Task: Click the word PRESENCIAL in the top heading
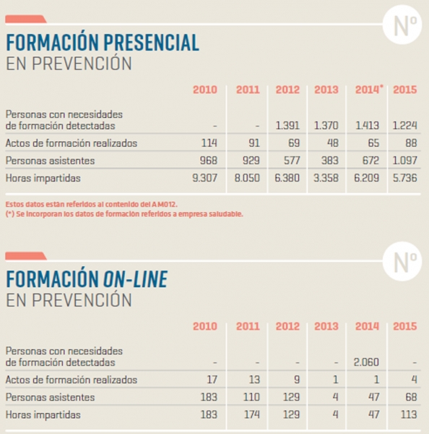(x=151, y=43)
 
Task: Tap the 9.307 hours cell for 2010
(x=205, y=178)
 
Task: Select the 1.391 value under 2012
(x=287, y=126)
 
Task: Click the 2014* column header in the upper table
(x=369, y=90)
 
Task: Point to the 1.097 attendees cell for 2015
(x=405, y=161)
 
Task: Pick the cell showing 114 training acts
(x=209, y=143)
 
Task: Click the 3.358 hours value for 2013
(x=326, y=178)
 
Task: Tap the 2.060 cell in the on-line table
(x=366, y=362)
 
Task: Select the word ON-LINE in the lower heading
(x=136, y=279)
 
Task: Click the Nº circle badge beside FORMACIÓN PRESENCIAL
(x=402, y=25)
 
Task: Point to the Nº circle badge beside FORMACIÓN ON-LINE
(x=402, y=261)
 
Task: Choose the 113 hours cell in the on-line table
(x=409, y=414)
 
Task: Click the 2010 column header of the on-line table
(x=205, y=326)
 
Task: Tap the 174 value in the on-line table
(x=251, y=414)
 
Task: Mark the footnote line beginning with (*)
(x=124, y=214)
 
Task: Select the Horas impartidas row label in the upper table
(x=43, y=178)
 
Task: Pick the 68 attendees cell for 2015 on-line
(x=411, y=397)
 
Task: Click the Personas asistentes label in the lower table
(x=50, y=397)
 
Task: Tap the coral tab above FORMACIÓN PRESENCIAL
(x=26, y=19)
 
